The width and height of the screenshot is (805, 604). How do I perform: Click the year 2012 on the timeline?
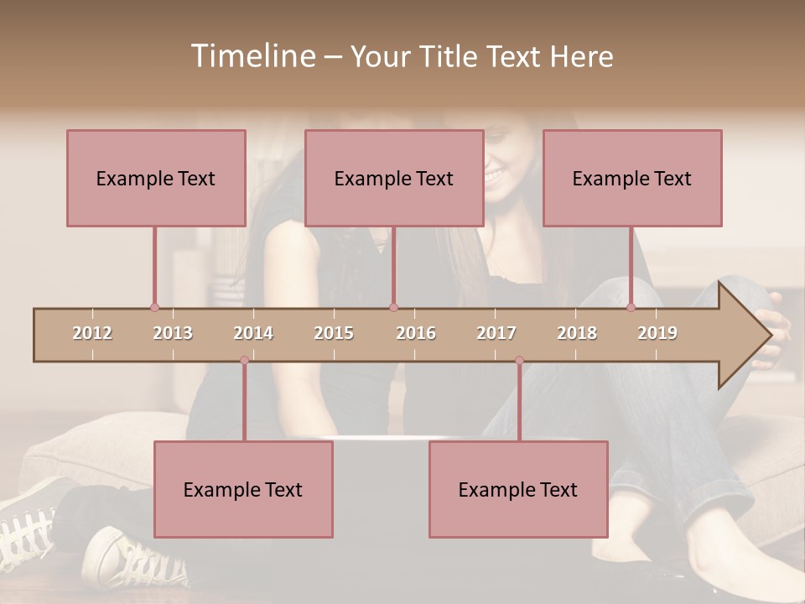[92, 333]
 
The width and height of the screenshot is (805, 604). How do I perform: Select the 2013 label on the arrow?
[173, 333]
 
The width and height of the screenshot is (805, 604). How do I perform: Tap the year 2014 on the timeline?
[253, 333]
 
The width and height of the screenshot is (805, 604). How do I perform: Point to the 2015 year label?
[334, 333]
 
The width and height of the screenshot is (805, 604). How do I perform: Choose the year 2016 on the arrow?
[416, 333]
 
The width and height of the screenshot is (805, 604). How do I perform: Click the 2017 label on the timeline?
[496, 333]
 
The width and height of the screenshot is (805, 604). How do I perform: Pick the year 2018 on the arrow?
[577, 333]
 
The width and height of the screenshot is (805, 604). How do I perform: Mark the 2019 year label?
[657, 333]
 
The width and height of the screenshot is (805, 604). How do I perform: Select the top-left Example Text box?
[156, 178]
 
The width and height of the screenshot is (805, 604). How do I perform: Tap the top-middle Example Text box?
[394, 178]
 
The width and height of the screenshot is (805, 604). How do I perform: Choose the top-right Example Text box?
[632, 178]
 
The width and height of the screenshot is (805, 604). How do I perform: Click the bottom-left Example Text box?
[243, 489]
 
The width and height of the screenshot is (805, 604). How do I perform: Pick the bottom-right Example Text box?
[518, 489]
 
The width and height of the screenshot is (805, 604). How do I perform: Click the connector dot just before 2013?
[154, 308]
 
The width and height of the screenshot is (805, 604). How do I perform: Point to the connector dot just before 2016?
[393, 308]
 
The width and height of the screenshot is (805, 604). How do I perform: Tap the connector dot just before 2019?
[631, 308]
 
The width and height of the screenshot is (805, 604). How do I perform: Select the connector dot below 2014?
[244, 361]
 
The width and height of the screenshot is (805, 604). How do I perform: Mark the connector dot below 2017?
[519, 361]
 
